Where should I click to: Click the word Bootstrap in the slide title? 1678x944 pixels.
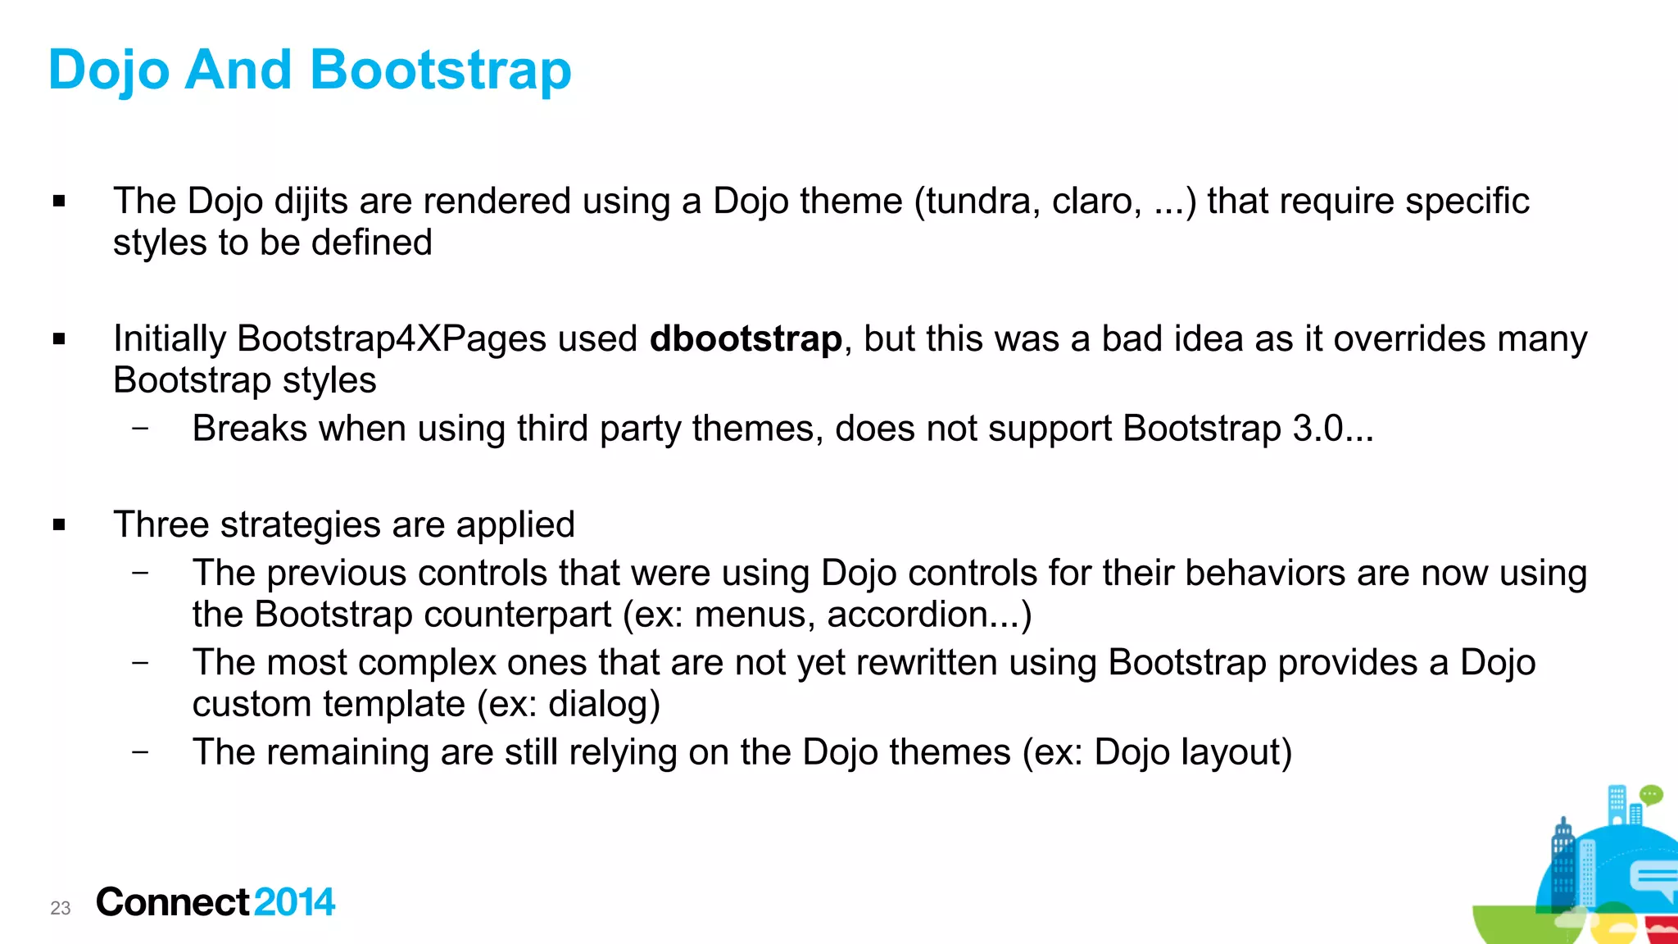click(x=440, y=70)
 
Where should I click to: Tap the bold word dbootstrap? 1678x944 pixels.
click(x=746, y=339)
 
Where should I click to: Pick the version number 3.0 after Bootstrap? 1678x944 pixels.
click(x=1317, y=429)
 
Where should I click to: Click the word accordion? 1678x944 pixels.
click(x=907, y=615)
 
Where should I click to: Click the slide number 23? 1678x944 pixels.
click(x=61, y=908)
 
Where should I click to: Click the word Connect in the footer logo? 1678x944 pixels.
click(x=172, y=902)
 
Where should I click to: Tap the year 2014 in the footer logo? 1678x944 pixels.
click(x=294, y=902)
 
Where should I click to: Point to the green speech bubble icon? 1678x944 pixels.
click(x=1651, y=795)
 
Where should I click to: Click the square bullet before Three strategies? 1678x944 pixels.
click(x=59, y=524)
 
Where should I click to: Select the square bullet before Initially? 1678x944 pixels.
click(x=59, y=338)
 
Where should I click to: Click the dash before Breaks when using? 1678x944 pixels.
click(x=140, y=428)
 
